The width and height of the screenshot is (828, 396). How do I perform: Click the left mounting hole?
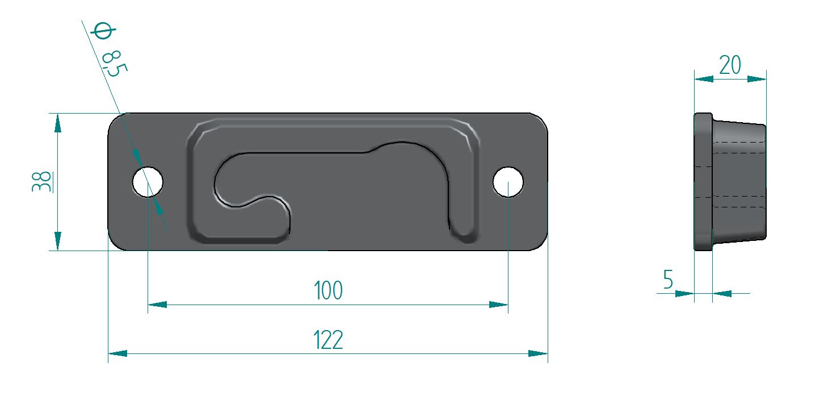pos(148,182)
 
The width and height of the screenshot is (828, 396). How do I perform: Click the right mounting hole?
pos(508,182)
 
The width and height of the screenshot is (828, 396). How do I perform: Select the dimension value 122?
pos(328,340)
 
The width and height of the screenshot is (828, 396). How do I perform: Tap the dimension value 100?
pos(328,290)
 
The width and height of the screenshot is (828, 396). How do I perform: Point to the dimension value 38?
pos(42,181)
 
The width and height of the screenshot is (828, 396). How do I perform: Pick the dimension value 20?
pos(730,65)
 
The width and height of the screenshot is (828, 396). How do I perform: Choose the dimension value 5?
pos(668,279)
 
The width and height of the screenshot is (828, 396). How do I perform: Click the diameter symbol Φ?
pos(103,30)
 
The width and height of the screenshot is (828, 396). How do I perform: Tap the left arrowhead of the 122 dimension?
pos(117,353)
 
